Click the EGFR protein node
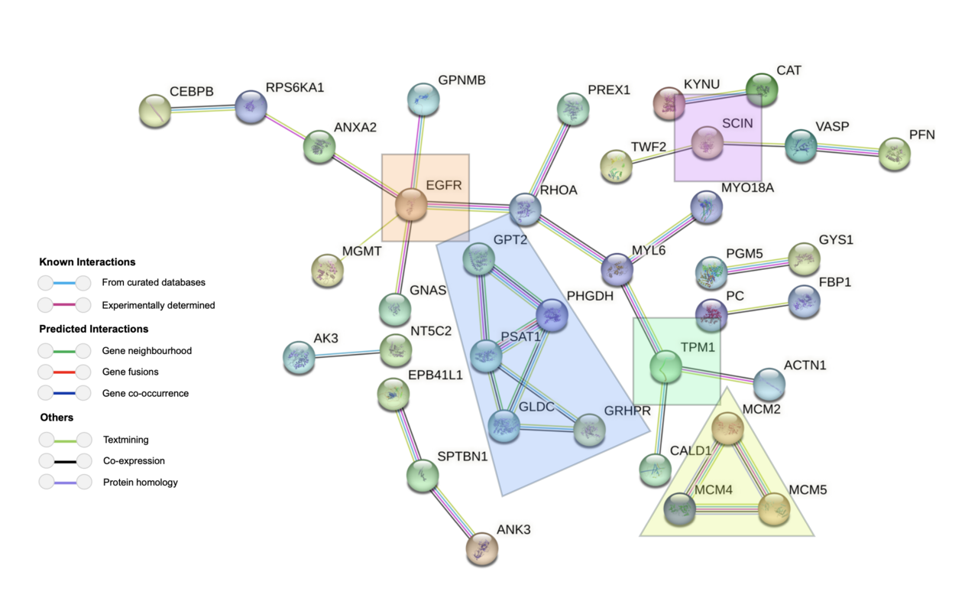(411, 206)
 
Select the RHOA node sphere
(525, 209)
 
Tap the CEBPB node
(155, 111)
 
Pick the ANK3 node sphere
(482, 548)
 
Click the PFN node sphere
(895, 154)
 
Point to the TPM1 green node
(665, 367)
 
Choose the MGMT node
(328, 270)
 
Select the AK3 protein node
(299, 357)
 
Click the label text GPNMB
(461, 80)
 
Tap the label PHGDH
(590, 296)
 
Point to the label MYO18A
(747, 188)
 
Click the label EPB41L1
(436, 375)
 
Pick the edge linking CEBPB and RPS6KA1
(203, 109)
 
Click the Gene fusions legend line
(64, 372)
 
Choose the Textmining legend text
(125, 440)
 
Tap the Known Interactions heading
(87, 262)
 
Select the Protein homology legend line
(64, 483)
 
